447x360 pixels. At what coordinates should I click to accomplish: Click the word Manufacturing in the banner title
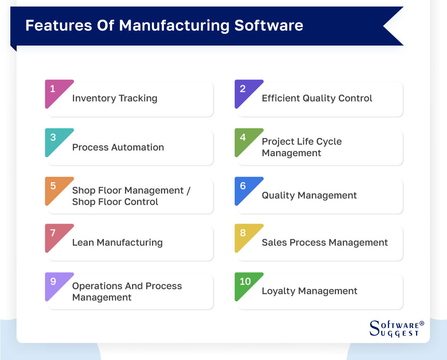[x=174, y=25]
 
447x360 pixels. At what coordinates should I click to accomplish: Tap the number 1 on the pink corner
[x=53, y=89]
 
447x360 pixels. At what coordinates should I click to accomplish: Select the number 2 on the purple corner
[x=243, y=89]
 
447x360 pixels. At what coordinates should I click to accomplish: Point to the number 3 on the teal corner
[x=53, y=137]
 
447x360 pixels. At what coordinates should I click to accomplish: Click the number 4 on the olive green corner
[x=243, y=137]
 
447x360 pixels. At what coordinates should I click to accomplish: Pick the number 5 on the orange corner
[x=53, y=186]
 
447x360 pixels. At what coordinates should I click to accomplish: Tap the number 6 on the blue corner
[x=243, y=186]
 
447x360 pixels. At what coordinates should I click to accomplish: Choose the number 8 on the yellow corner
[x=243, y=233]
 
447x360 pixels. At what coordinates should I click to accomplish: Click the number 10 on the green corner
[x=245, y=281]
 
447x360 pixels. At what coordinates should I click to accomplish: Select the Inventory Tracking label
[x=115, y=98]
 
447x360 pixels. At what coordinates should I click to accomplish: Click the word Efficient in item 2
[x=281, y=98]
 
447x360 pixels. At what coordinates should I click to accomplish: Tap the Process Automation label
[x=118, y=147]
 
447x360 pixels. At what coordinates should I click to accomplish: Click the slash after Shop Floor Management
[x=188, y=190]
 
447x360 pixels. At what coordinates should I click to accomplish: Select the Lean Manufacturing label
[x=118, y=242]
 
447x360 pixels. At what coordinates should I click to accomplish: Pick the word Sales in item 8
[x=274, y=242]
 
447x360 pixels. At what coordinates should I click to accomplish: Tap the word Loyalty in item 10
[x=279, y=291]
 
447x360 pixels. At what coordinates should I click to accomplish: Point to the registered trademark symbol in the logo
[x=422, y=323]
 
